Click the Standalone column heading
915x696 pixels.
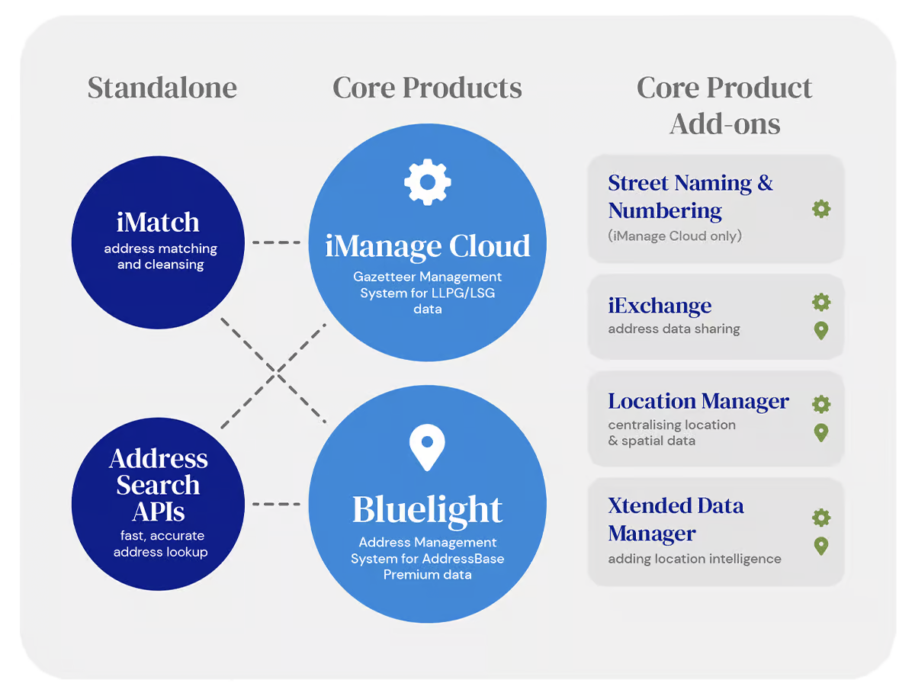pyautogui.click(x=162, y=88)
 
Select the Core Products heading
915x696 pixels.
pyautogui.click(x=427, y=88)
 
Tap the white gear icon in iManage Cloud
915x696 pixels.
pyautogui.click(x=427, y=182)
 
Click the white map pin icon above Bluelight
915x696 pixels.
pyautogui.click(x=427, y=447)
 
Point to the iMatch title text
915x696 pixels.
pyautogui.click(x=158, y=222)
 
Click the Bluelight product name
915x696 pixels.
pyautogui.click(x=427, y=511)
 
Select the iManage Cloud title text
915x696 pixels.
pyautogui.click(x=427, y=247)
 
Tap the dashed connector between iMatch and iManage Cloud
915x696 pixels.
pyautogui.click(x=276, y=242)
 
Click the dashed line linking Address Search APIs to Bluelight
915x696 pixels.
pyautogui.click(x=276, y=504)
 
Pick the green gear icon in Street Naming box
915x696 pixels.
pyautogui.click(x=820, y=209)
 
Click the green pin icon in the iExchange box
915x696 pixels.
pyautogui.click(x=820, y=331)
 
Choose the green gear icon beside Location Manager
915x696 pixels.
pyautogui.click(x=820, y=404)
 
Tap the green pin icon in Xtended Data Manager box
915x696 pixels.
pyautogui.click(x=820, y=546)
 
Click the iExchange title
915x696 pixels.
pyautogui.click(x=660, y=306)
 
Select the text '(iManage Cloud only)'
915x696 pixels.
pyautogui.click(x=675, y=236)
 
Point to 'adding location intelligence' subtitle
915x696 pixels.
pyautogui.click(x=695, y=559)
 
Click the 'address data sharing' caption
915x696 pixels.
pyautogui.click(x=673, y=329)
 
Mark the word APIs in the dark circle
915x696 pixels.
pyautogui.click(x=159, y=512)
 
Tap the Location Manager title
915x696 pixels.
pyautogui.click(x=698, y=401)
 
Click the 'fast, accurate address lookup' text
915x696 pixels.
pyautogui.click(x=160, y=544)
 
